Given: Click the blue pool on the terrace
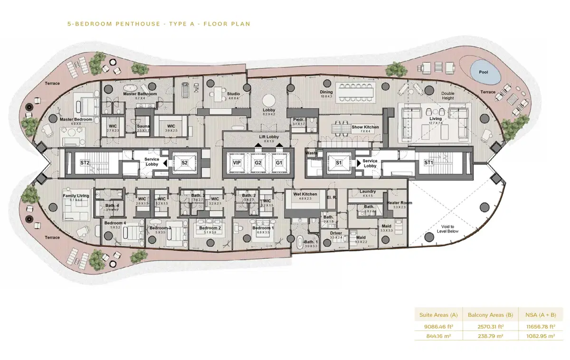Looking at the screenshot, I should point(486,74).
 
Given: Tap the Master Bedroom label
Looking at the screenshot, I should point(76,119).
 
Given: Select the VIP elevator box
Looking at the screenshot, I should point(237,162).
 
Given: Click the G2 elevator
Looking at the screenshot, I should point(258,162).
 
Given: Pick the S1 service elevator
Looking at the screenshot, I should point(339,162).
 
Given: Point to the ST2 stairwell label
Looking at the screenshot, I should point(85,162).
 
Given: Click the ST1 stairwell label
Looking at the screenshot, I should point(428,162).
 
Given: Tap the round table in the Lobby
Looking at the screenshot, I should point(269,101).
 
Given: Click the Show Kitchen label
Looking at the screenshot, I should point(365,127).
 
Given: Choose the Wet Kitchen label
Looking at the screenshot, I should point(305,194).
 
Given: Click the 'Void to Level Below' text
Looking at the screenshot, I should point(446,229).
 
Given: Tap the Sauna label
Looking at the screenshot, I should point(143,126).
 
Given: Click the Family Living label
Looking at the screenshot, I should point(76,196).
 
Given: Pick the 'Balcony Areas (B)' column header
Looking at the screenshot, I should point(490,314).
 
